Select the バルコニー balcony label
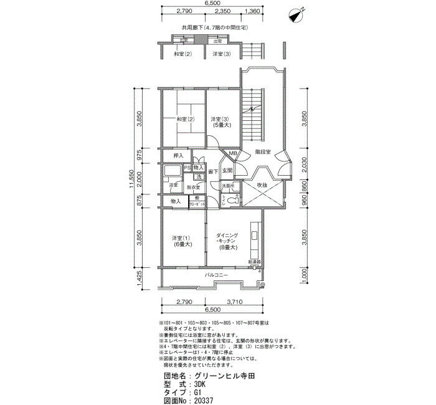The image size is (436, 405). coord(216,275)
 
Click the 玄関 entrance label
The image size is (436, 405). coord(227,170)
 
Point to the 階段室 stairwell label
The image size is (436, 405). coord(262,151)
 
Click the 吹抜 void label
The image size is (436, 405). coord(262,185)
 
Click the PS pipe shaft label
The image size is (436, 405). coord(187,168)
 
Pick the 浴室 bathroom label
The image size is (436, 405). coord(173,185)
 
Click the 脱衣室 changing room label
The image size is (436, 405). coord(193,186)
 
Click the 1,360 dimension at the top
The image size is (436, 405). coord(253,11)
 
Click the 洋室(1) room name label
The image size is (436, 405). coord(181,237)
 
